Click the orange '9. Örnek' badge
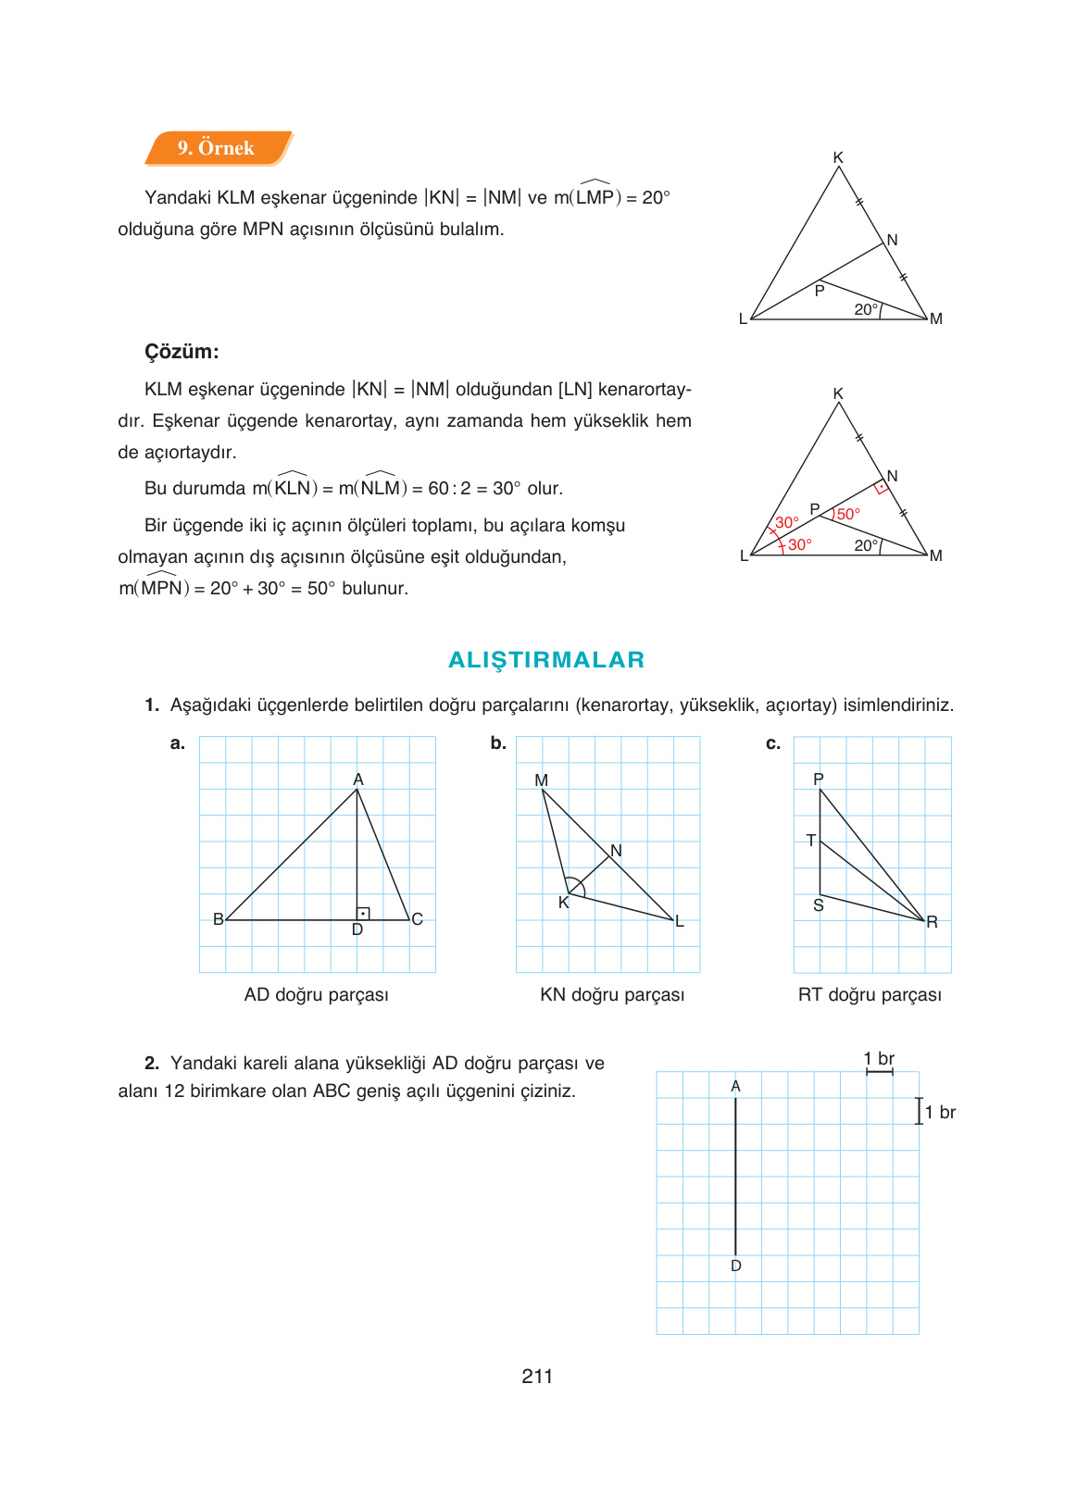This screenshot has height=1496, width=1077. pyautogui.click(x=217, y=148)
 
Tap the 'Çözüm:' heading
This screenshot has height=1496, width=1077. pyautogui.click(x=182, y=352)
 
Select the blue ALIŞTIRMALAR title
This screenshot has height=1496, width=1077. pyautogui.click(x=546, y=660)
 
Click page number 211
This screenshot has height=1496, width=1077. pyautogui.click(x=537, y=1377)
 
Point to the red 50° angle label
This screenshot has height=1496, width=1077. pyautogui.click(x=848, y=514)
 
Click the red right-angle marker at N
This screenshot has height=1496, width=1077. pyautogui.click(x=882, y=487)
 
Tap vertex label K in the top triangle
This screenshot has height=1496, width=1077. pyautogui.click(x=838, y=157)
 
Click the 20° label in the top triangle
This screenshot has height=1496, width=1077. pyautogui.click(x=865, y=309)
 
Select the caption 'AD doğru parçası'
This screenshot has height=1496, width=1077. pyautogui.click(x=316, y=994)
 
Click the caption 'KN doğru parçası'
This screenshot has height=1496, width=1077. pyautogui.click(x=612, y=994)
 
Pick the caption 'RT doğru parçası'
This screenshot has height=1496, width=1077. pyautogui.click(x=870, y=994)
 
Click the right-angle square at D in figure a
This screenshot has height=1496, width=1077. pyautogui.click(x=363, y=914)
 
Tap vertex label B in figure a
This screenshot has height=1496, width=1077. pyautogui.click(x=219, y=919)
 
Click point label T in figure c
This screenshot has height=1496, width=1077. pyautogui.click(x=811, y=841)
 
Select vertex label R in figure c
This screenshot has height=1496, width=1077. pyautogui.click(x=932, y=922)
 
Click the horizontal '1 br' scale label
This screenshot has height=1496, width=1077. pyautogui.click(x=879, y=1058)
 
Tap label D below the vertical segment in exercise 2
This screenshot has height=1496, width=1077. pyautogui.click(x=736, y=1265)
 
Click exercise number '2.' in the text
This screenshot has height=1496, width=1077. pyautogui.click(x=152, y=1063)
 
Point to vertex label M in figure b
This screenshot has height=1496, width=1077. pyautogui.click(x=542, y=780)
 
